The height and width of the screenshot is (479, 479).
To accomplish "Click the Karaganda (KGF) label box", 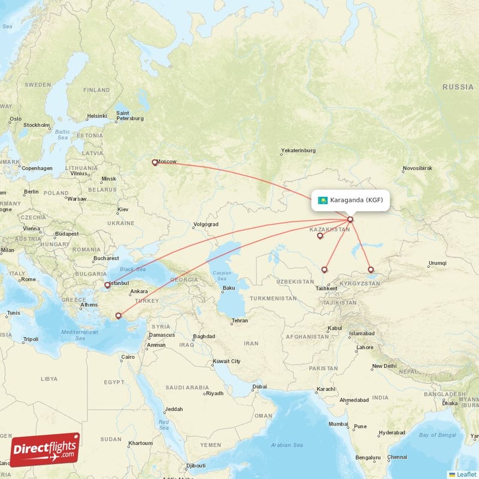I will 350,200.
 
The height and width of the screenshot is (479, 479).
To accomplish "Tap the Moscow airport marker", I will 155,162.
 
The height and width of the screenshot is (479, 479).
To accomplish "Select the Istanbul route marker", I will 108,285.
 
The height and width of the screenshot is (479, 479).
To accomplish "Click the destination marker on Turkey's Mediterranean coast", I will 119,316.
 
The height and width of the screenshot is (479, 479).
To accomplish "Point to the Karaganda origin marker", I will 350,219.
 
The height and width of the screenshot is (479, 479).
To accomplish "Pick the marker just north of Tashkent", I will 325,269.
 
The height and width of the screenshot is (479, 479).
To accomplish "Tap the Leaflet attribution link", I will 462,474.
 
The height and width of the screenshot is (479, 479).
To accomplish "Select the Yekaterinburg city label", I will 298,151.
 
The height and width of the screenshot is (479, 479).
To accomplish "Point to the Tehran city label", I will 239,321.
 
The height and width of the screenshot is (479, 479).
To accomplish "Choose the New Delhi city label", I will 384,366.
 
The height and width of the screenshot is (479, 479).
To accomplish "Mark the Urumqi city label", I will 437,264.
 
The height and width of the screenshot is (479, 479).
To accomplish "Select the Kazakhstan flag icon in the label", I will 323,200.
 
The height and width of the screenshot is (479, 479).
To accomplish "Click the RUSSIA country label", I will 458,87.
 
